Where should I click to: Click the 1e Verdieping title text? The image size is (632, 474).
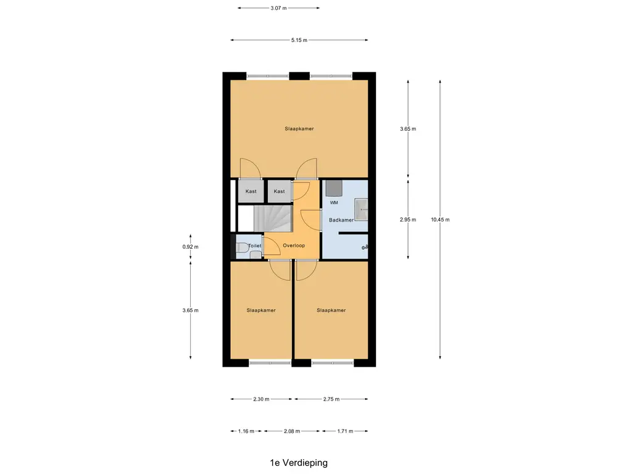298,462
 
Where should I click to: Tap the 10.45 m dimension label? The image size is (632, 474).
441,220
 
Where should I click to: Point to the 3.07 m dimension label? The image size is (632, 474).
278,8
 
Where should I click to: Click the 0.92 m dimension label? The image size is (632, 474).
191,247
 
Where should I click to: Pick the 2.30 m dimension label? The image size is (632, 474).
262,399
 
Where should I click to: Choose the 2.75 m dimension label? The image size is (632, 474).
331,399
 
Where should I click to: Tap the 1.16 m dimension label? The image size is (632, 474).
246,431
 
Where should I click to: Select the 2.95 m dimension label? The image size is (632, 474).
408,220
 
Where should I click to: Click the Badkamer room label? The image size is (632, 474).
341,220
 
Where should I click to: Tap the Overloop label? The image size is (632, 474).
294,246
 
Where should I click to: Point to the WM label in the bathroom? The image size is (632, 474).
334,202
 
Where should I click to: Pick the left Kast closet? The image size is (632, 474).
250,191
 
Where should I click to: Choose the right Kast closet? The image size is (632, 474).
279,191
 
